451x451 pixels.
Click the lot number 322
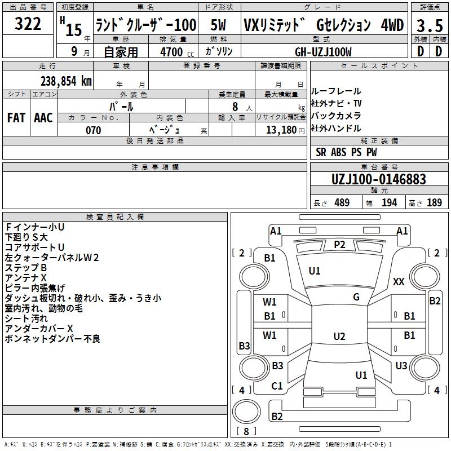click(28, 24)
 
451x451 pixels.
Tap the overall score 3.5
click(428, 25)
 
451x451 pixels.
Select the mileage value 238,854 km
click(66, 81)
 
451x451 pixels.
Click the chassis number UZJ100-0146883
click(378, 179)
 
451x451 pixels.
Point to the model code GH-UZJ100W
click(323, 52)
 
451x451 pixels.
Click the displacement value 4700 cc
click(171, 52)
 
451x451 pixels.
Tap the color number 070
click(94, 130)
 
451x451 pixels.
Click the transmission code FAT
click(16, 117)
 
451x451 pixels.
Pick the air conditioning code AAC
click(43, 117)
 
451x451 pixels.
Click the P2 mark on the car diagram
click(339, 244)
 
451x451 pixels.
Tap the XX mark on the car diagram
click(399, 281)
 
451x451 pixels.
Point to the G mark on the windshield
click(356, 297)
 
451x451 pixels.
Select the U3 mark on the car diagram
click(401, 365)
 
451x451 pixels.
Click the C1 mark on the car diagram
click(277, 386)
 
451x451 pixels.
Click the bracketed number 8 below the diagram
click(246, 432)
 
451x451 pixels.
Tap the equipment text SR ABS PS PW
click(347, 152)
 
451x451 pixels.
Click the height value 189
click(434, 203)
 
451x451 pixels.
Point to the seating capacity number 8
click(234, 106)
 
